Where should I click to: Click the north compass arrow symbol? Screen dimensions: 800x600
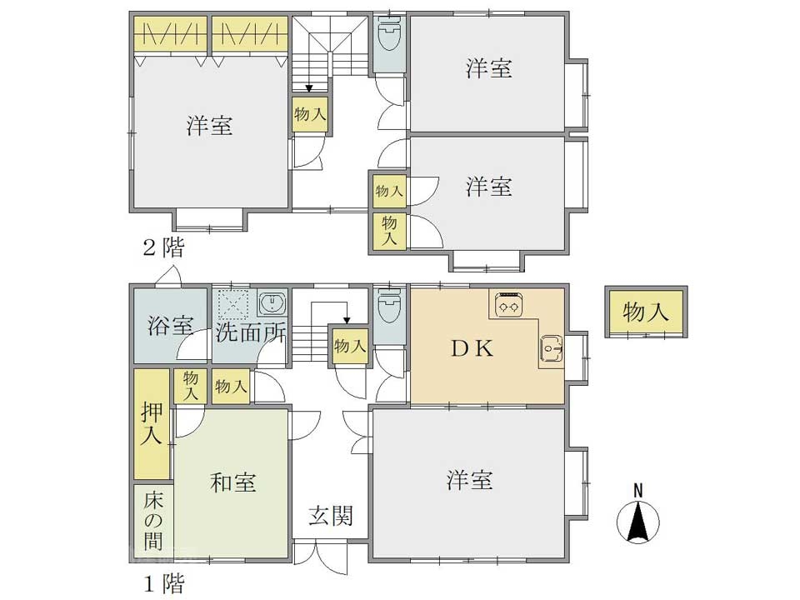pyautogui.click(x=637, y=521)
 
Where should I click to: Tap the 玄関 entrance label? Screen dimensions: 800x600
pyautogui.click(x=331, y=516)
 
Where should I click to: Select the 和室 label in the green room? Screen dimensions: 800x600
pyautogui.click(x=233, y=482)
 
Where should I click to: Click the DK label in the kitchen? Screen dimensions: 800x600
pyautogui.click(x=472, y=348)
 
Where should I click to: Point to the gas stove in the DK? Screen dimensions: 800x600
pyautogui.click(x=508, y=305)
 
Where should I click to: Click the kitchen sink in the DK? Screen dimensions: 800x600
pyautogui.click(x=551, y=349)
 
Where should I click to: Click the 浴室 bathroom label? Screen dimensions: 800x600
pyautogui.click(x=170, y=325)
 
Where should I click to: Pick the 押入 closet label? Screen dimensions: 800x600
pyautogui.click(x=152, y=423)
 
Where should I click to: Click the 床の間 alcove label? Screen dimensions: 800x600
pyautogui.click(x=153, y=520)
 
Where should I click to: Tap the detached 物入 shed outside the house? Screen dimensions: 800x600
pyautogui.click(x=646, y=311)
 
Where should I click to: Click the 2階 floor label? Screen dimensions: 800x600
pyautogui.click(x=163, y=248)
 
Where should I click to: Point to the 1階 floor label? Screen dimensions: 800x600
pyautogui.click(x=163, y=583)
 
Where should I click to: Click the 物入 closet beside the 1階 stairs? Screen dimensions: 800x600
pyautogui.click(x=349, y=346)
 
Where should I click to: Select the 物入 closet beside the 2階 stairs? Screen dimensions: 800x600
pyautogui.click(x=310, y=114)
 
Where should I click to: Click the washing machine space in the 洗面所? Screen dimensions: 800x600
pyautogui.click(x=232, y=305)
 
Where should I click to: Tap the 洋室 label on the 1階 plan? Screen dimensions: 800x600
pyautogui.click(x=469, y=480)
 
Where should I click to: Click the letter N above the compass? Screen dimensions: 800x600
pyautogui.click(x=637, y=491)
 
